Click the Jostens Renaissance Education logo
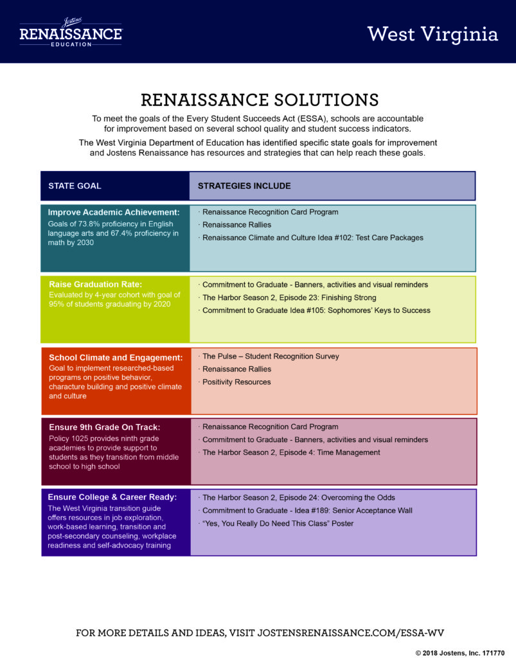71,32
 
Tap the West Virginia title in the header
432,35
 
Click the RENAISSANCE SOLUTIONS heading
260,100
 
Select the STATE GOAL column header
75,186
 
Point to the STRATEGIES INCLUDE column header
244,186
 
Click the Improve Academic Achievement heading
114,212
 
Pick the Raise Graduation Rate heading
96,284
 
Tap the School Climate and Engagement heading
116,357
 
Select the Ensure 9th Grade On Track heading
105,427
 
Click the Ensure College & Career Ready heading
112,497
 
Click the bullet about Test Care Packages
311,238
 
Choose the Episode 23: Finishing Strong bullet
287,298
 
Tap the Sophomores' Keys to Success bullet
314,310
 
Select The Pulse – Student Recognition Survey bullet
269,356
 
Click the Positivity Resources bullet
235,382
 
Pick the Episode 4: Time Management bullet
289,452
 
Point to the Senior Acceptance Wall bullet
305,511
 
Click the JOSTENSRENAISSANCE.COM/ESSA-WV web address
351,633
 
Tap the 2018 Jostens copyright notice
460,653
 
